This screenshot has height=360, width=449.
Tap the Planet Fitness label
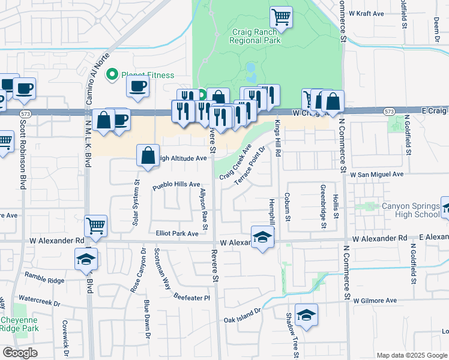click(148, 75)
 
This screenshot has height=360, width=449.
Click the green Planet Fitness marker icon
click(111, 75)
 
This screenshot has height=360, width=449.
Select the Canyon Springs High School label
click(411, 211)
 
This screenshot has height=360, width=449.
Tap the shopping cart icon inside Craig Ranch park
click(281, 17)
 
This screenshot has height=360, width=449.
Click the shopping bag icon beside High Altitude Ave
click(148, 156)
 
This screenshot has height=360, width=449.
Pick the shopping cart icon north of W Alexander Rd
click(96, 226)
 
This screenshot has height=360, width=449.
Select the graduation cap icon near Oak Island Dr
click(307, 315)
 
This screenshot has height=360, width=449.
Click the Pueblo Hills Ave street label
click(176, 184)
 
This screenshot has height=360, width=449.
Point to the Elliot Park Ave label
click(177, 233)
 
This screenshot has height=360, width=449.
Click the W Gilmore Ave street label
click(375, 301)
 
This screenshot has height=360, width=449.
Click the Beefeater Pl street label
click(192, 298)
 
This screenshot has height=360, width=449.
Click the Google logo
click(20, 353)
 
